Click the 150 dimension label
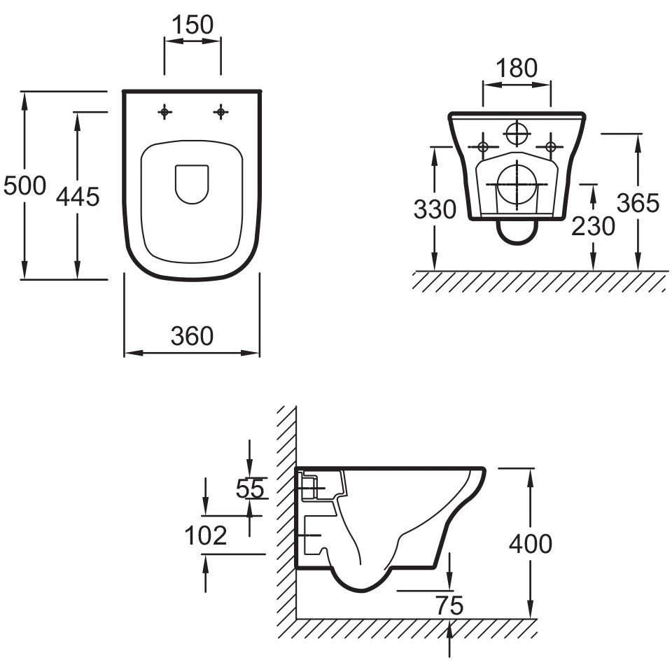tap(192, 24)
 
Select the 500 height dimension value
tap(24, 186)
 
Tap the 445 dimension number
tap(78, 197)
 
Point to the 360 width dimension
tap(192, 337)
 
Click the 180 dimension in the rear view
tap(517, 69)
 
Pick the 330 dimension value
tap(435, 209)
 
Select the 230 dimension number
tap(593, 225)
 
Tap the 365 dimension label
tap(638, 202)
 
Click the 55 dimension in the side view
tap(250, 489)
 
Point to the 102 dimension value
tap(206, 536)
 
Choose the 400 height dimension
tap(530, 543)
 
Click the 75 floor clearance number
tap(449, 606)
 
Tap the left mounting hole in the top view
tap(164, 111)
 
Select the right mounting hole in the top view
tap(220, 111)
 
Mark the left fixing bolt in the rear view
tap(482, 146)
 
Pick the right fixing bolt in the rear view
tap(551, 146)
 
